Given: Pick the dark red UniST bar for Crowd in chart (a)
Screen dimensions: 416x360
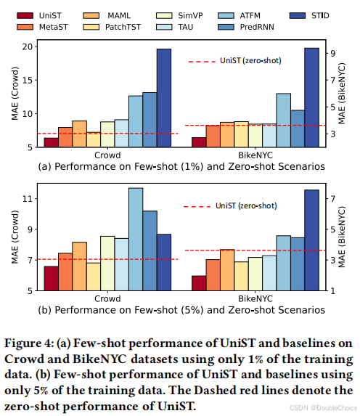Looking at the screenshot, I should point(51,142).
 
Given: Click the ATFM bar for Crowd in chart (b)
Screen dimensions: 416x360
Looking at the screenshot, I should point(136,239).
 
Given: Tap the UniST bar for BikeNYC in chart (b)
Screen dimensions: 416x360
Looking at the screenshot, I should point(198,283).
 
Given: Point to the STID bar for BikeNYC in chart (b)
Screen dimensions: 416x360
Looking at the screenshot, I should point(311,240).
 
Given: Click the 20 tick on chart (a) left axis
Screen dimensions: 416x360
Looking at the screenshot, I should point(29,46).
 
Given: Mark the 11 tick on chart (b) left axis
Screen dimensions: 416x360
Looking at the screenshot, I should point(29,198).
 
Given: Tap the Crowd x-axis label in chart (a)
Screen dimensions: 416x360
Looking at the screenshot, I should point(107,155).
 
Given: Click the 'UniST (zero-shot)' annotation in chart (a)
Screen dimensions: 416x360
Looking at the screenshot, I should point(250,62).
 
